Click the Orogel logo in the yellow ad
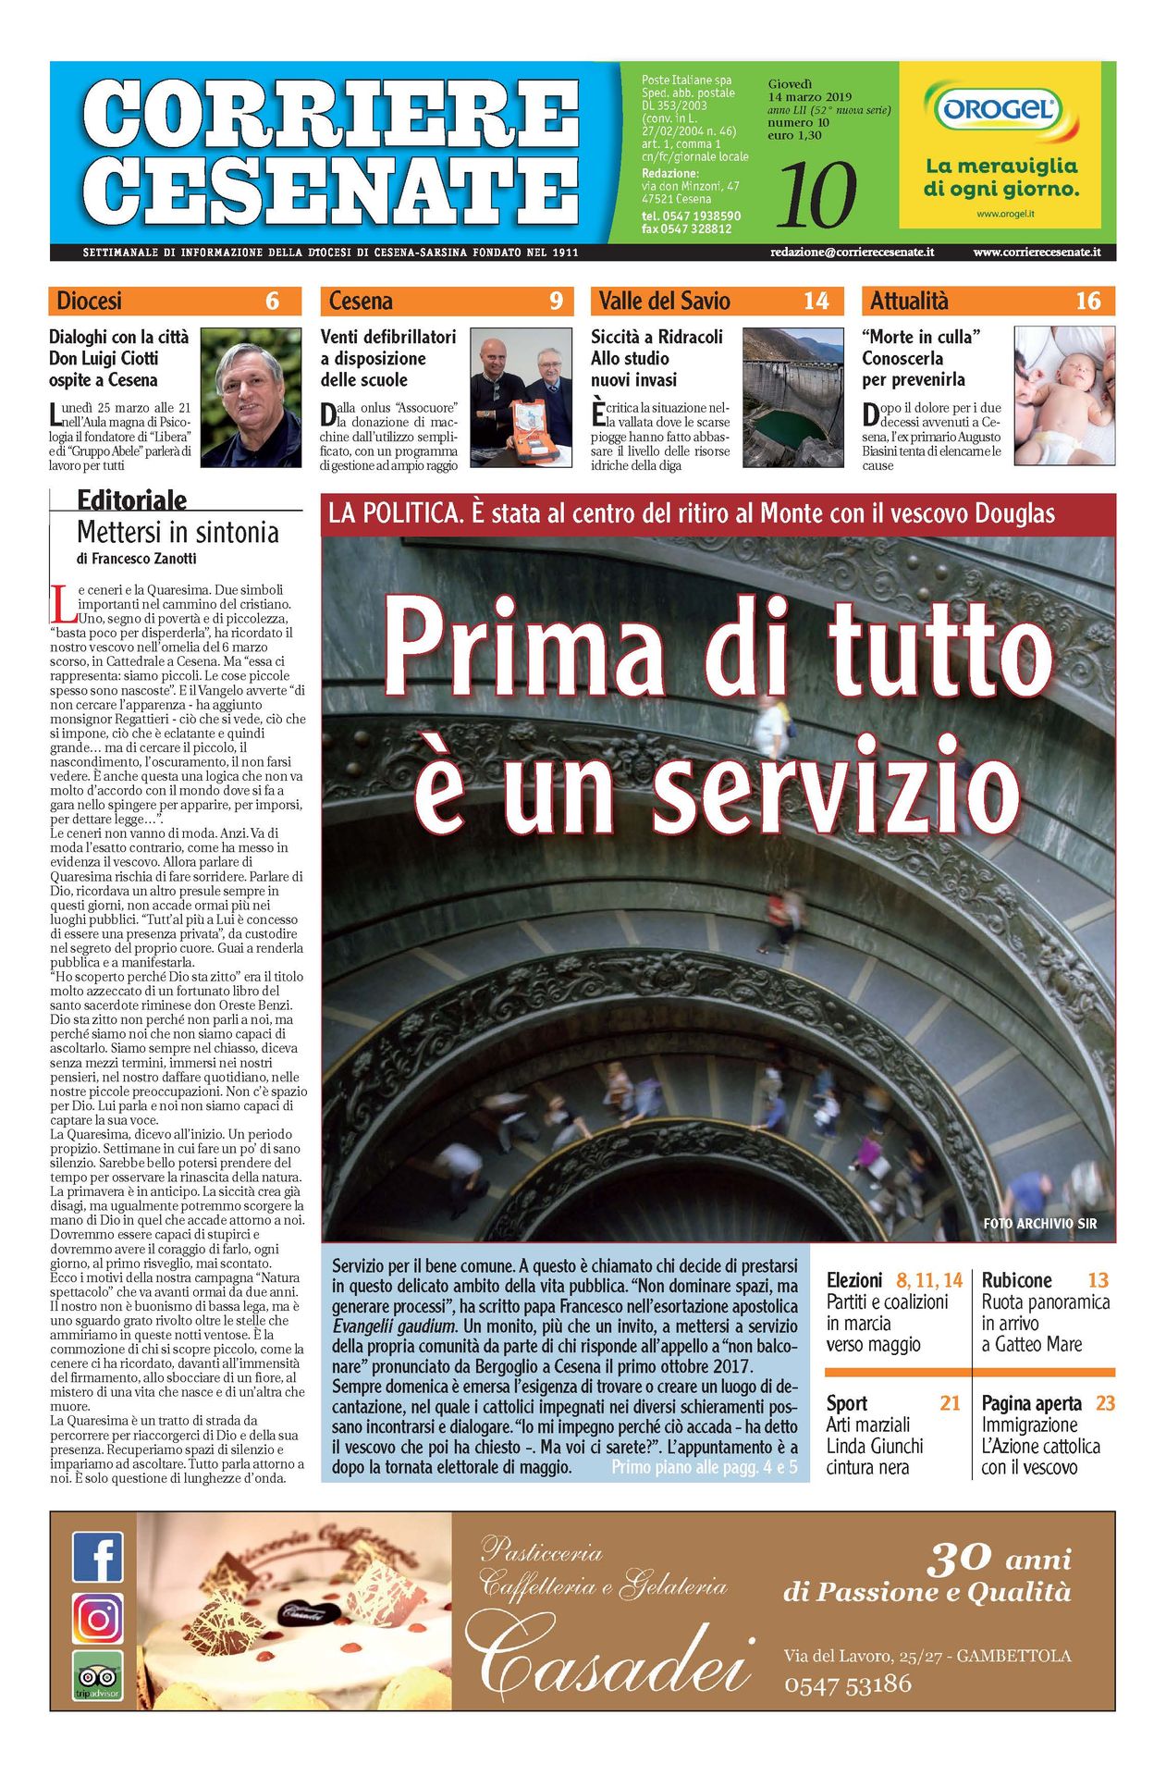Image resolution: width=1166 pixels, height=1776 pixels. coord(999,110)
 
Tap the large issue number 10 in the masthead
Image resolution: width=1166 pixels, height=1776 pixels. coord(816,195)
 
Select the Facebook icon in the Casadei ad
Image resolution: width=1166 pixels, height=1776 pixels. coord(97,1557)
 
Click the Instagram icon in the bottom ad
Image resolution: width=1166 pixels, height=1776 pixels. coord(97,1618)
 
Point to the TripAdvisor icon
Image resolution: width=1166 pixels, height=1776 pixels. coord(97,1676)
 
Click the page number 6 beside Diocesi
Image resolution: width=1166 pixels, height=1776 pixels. coord(272,301)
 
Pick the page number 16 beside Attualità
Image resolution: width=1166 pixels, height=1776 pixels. coord(1087,301)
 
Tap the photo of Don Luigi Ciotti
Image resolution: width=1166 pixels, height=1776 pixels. coord(251,398)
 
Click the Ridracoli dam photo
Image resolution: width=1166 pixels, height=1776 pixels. coord(792,398)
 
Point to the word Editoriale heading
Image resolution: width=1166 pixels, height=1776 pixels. coord(131,500)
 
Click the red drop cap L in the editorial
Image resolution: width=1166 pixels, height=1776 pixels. coord(64,603)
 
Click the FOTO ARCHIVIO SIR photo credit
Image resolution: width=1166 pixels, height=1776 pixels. coord(1039,1224)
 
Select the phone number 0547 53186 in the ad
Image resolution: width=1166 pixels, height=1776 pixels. coord(847,1684)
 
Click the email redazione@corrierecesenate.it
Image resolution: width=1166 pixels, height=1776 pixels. coord(852,252)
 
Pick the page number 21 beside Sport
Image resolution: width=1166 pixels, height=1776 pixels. coord(950,1403)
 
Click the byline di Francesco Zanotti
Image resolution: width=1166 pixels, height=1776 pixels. coord(136,559)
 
